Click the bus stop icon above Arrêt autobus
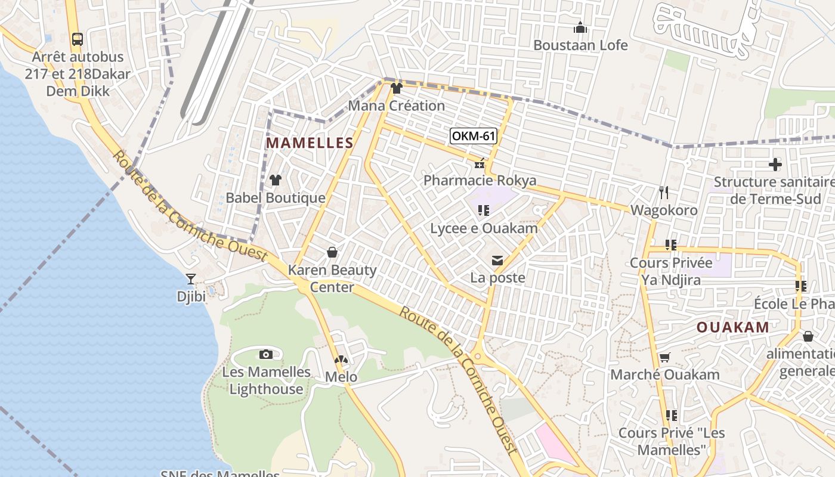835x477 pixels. pos(77,39)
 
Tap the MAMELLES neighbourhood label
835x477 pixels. pos(310,143)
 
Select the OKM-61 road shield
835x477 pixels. pos(474,136)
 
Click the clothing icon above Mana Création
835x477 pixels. pos(396,89)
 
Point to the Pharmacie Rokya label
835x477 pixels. pos(480,180)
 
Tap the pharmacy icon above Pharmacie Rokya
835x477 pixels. pos(480,163)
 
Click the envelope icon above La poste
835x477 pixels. pos(497,261)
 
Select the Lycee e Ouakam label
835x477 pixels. pos(484,228)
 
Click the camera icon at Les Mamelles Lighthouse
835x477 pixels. pos(266,355)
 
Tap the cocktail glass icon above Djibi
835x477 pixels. pos(191,278)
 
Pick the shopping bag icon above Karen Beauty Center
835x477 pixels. pos(332,253)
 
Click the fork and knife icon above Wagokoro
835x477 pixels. pos(664,193)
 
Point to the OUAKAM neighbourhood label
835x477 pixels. pos(733,327)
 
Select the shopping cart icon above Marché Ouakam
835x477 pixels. pos(664,358)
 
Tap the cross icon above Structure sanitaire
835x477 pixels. pos(775,165)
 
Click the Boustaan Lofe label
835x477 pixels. pos(580,45)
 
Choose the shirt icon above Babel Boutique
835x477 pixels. pos(275,180)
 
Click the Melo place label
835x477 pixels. pos(341,377)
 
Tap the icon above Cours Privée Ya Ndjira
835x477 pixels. pos(671,244)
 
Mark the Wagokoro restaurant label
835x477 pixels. pos(664,210)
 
